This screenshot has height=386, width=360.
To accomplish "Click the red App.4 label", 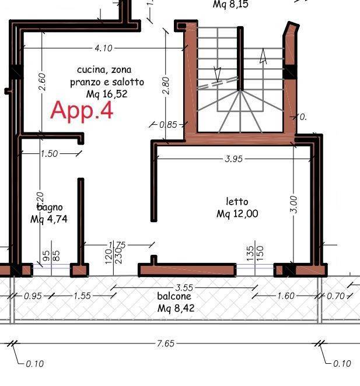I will [x=82, y=110].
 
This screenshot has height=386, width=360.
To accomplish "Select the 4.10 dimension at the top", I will [x=103, y=48].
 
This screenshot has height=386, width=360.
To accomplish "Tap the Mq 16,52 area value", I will [x=106, y=93].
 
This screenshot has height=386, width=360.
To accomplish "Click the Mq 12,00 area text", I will [x=237, y=214].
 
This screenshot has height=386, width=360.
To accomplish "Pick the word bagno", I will [x=50, y=207].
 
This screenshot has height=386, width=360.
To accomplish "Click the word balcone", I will [x=174, y=296].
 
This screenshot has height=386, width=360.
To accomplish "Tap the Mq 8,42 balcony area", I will [x=176, y=308].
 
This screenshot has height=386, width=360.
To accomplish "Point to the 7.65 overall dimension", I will [x=166, y=343].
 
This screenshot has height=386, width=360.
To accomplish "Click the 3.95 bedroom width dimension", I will [x=233, y=159].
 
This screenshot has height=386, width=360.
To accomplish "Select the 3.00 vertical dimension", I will [x=294, y=204].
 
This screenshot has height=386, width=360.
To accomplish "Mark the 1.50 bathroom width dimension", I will [x=50, y=153].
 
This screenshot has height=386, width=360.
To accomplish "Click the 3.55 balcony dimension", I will [x=184, y=287].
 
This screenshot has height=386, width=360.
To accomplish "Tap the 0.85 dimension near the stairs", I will [x=168, y=124].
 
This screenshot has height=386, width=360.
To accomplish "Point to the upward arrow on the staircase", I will [x=263, y=57].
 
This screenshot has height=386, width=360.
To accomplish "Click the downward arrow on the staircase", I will [x=218, y=74].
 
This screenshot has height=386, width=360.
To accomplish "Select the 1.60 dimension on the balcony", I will [x=285, y=296].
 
